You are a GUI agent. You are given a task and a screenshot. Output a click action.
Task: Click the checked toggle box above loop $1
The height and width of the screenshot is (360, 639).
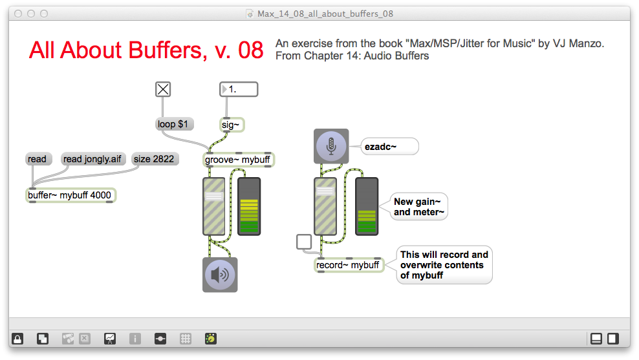click(163, 90)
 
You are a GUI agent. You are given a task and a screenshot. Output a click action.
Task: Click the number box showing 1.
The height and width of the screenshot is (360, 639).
click(239, 90)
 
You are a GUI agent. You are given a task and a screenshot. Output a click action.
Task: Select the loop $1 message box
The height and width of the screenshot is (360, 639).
click(175, 124)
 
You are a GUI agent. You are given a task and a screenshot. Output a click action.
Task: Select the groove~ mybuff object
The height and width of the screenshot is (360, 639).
click(238, 160)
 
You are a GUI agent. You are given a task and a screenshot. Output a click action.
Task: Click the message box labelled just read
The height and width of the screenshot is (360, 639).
click(38, 159)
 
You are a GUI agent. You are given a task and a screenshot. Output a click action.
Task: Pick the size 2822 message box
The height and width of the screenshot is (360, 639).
click(154, 159)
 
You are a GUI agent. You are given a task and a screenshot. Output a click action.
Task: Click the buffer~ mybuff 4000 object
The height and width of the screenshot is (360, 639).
click(72, 195)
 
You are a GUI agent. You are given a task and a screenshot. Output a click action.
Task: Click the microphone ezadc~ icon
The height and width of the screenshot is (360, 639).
click(331, 146)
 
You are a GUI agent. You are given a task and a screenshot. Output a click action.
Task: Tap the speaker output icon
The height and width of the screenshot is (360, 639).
click(220, 275)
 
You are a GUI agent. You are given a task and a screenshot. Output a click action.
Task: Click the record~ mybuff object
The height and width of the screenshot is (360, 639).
click(349, 265)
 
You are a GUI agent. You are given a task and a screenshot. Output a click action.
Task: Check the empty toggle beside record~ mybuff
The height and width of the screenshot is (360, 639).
click(304, 242)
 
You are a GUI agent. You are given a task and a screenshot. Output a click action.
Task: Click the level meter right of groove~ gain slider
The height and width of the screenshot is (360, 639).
click(249, 206)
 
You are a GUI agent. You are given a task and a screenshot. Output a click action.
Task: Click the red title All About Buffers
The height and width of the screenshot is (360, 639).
click(146, 50)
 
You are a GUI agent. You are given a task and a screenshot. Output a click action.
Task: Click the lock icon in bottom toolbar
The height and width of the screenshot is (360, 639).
click(17, 339)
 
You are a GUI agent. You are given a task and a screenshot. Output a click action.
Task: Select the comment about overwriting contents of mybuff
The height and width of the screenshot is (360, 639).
click(444, 265)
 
